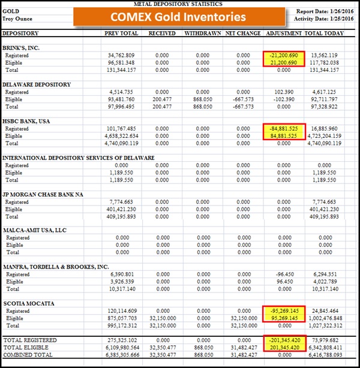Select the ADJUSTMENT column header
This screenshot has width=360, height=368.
(284, 34)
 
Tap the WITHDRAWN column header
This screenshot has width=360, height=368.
(202, 34)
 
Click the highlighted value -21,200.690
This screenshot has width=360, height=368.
(284, 55)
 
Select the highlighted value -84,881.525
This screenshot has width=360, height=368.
(284, 129)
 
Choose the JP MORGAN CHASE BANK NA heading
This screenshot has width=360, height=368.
(43, 194)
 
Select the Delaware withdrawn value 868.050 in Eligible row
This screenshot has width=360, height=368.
(203, 99)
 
